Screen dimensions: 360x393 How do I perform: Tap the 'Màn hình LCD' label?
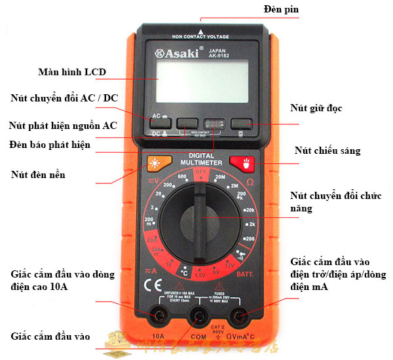[x=72, y=71]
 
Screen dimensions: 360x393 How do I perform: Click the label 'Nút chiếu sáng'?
[x=318, y=151]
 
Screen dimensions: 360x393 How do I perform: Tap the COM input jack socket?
[x=199, y=317]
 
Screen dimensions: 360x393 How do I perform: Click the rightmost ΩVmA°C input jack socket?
[x=240, y=317]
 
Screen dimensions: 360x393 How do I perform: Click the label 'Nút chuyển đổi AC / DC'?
[x=64, y=98]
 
